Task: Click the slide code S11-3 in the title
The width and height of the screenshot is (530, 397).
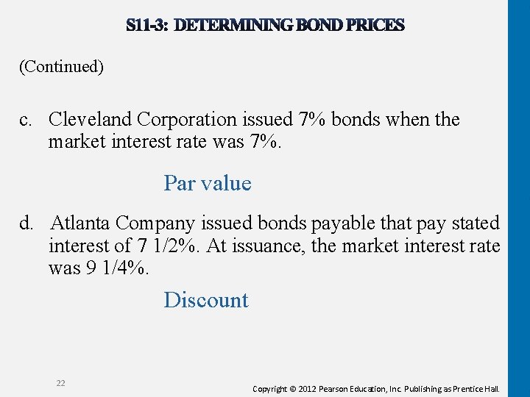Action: pos(148,26)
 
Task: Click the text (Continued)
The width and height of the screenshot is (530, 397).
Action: pos(61,67)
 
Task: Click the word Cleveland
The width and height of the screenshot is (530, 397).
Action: pos(91,119)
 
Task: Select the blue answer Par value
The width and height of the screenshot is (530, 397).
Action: pos(208,183)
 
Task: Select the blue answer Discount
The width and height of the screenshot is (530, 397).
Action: pos(206,300)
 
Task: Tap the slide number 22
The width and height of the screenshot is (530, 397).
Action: pos(60,383)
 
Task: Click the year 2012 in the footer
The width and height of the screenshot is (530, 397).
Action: pos(316,388)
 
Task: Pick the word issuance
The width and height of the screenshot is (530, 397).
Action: pos(266,246)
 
